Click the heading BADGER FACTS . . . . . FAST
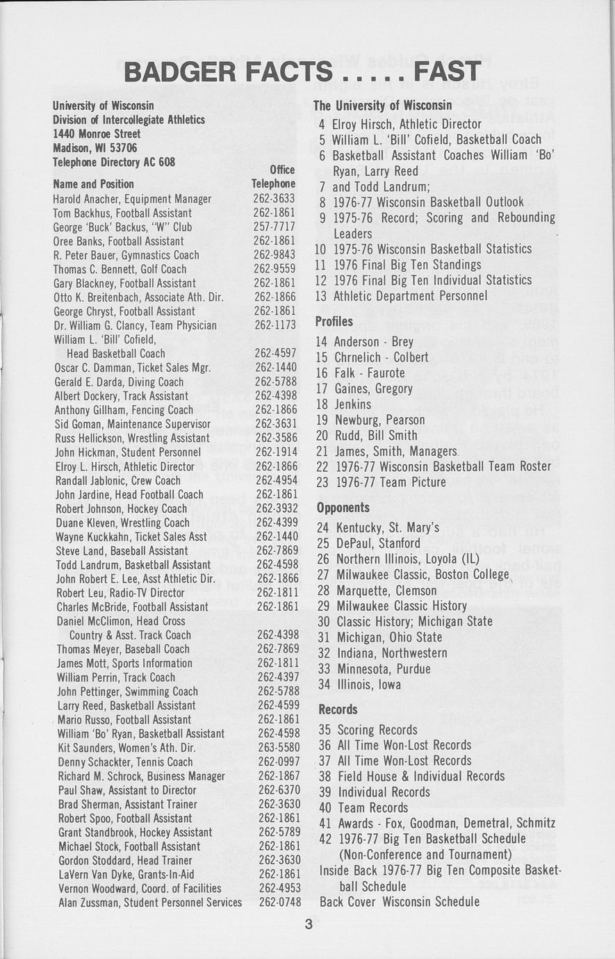(302, 71)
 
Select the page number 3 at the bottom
(308, 924)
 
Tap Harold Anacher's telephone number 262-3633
(274, 199)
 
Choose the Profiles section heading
(334, 322)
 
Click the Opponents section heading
(343, 508)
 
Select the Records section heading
(338, 710)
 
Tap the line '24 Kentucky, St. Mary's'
(378, 528)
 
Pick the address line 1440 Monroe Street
(97, 133)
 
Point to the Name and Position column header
(93, 184)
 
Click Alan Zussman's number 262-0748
(281, 903)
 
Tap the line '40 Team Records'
(363, 808)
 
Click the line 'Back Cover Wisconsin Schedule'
(399, 902)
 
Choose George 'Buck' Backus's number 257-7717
(274, 227)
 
